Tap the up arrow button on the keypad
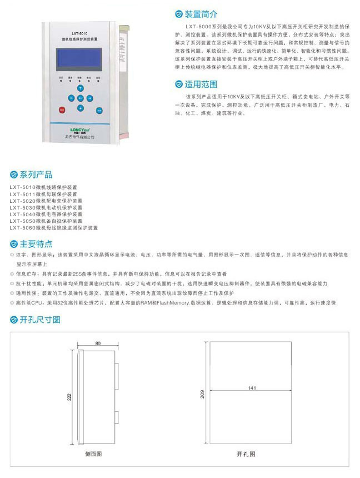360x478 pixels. pos(80,88)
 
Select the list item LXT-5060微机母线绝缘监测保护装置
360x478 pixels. pos(54,228)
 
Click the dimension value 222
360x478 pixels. pos(71,397)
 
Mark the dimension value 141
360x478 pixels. pos(252,388)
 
